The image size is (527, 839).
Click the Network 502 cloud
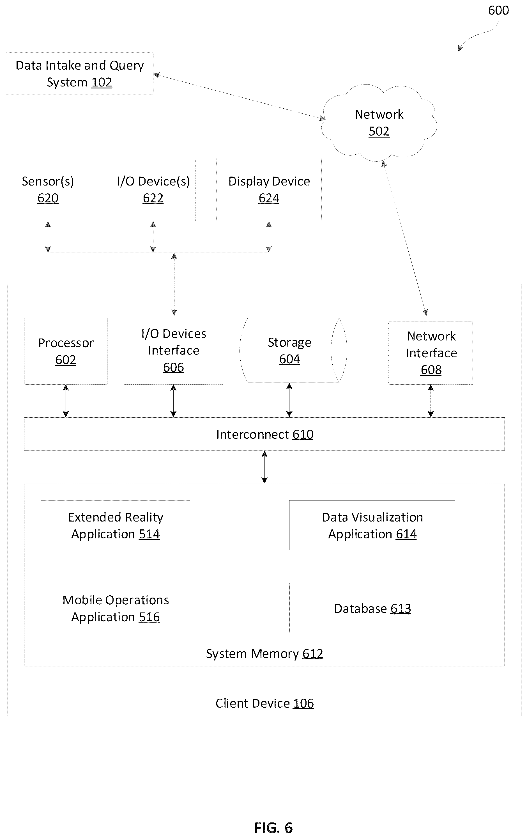379,123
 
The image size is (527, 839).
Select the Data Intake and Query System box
79,74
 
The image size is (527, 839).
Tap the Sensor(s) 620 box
48,189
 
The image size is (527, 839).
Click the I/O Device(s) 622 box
153,189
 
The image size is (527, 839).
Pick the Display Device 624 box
269,189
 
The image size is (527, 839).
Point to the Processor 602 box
66,351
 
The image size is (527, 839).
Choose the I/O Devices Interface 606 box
173,350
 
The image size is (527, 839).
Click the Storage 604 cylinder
293,350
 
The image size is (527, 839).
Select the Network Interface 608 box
431,353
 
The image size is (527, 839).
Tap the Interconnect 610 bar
264,434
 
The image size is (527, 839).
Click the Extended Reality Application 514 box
116,525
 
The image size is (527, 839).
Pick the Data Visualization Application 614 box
372,525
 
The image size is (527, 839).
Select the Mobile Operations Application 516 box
116,608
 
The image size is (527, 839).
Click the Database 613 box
372,608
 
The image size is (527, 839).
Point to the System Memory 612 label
264,654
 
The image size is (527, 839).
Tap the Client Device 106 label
264,703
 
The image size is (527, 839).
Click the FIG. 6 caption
273,827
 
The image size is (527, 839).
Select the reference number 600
498,10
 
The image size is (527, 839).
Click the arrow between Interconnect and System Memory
264,467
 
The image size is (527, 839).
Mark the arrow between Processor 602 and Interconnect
66,401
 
